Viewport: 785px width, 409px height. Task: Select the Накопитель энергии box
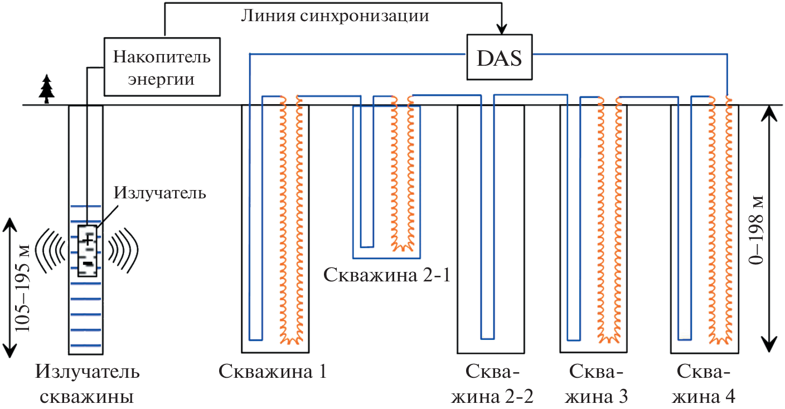pos(161,67)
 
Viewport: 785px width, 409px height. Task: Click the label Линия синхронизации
pos(335,16)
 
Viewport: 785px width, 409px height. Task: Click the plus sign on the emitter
pos(88,240)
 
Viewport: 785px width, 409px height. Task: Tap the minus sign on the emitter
pos(88,261)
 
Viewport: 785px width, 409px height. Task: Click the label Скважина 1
pos(272,372)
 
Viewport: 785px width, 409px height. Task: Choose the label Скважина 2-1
pos(386,275)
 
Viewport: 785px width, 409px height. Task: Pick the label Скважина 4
pos(704,384)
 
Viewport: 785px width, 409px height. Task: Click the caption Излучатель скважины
pos(88,384)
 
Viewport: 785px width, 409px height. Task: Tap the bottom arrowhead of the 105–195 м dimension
pos(9,351)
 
